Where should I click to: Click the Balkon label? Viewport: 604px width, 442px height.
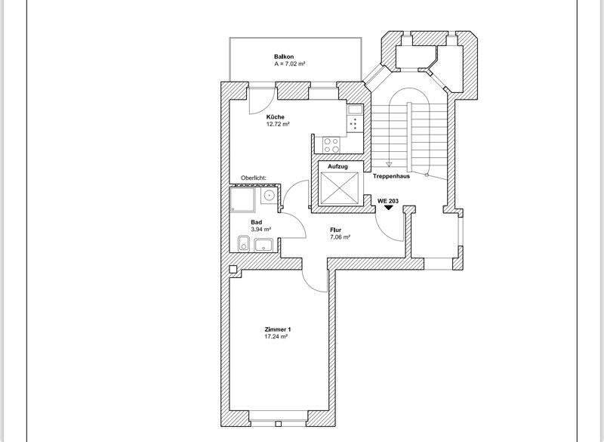click(x=284, y=57)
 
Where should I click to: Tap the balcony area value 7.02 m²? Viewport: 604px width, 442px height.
click(x=290, y=65)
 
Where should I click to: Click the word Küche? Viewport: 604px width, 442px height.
click(x=275, y=117)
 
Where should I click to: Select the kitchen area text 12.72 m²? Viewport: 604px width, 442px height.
click(x=278, y=125)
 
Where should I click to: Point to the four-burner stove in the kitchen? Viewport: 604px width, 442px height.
click(x=331, y=142)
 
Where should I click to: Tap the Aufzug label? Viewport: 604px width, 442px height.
click(x=337, y=165)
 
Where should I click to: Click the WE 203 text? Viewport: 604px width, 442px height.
click(x=388, y=200)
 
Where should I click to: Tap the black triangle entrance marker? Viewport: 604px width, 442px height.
click(x=388, y=209)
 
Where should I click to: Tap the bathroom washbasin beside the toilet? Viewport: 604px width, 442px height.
click(x=263, y=244)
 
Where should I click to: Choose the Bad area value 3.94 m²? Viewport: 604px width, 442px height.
click(x=261, y=229)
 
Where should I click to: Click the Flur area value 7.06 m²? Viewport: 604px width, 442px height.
click(x=341, y=236)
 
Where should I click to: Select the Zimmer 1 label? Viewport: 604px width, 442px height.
click(x=278, y=329)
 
